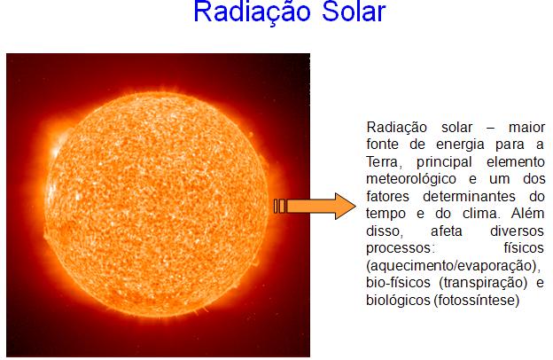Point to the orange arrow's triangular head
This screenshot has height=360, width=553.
tap(341, 207)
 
